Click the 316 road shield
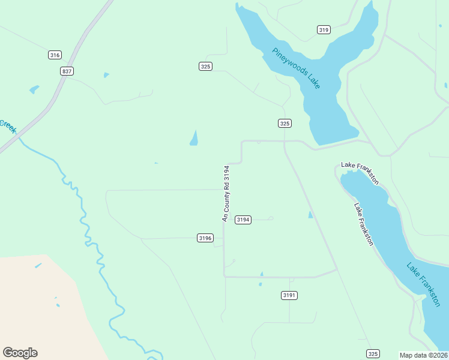point(55,55)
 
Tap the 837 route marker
point(67,71)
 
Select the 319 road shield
point(324,30)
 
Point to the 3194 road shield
point(243,220)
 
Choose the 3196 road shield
point(205,238)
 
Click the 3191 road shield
point(289,295)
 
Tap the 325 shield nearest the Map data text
point(373,353)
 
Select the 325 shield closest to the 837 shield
point(205,67)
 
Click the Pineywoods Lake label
point(296,68)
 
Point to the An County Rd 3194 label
point(226,194)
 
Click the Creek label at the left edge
point(7,127)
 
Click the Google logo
point(20,353)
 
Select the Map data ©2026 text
point(423,355)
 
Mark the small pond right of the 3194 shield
point(310,215)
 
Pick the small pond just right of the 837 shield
point(106,75)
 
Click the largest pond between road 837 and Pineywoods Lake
point(194,138)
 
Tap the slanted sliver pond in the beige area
point(38,265)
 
